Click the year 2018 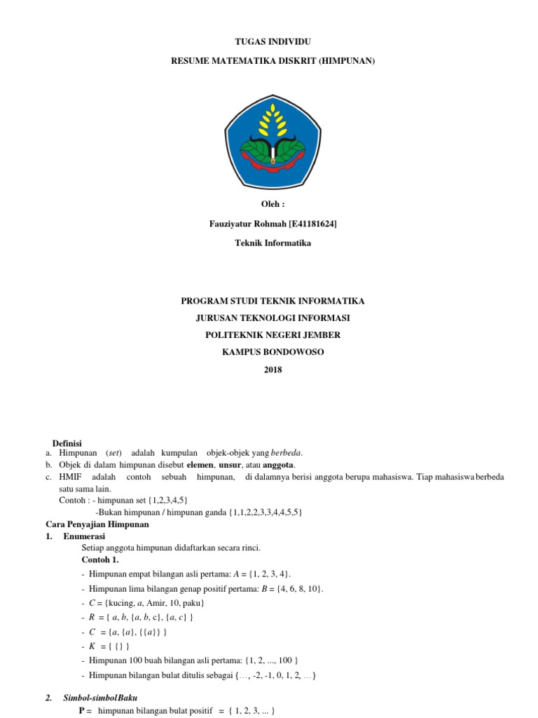[273, 370]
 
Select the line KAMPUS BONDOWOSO [273, 352]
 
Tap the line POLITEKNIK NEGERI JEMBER [273, 335]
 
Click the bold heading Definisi [68, 443]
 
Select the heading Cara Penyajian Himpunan [98, 524]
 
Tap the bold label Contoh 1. [100, 560]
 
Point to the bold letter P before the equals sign [81, 710]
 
